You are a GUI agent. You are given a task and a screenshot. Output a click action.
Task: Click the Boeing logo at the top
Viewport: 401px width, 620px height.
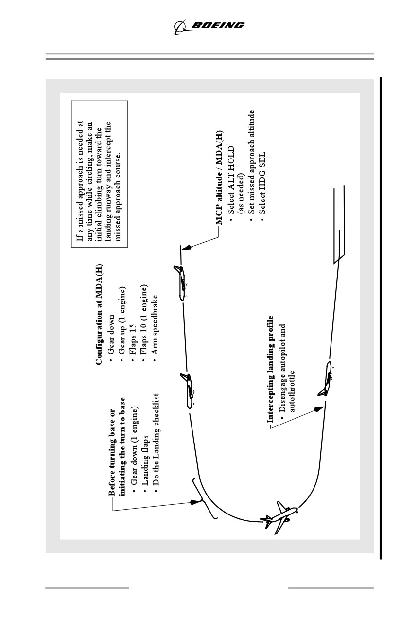(x=209, y=27)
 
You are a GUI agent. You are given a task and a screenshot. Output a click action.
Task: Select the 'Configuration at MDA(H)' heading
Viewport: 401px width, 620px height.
(x=99, y=315)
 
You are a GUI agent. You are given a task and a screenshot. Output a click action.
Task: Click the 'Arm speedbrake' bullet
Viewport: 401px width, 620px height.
(x=155, y=325)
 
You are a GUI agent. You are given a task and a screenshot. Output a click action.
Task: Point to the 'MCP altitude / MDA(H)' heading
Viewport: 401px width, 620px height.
(x=219, y=177)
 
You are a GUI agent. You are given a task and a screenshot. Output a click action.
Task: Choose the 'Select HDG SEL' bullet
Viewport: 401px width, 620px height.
(x=262, y=183)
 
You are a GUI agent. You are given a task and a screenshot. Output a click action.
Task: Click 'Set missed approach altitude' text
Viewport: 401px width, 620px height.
(x=251, y=162)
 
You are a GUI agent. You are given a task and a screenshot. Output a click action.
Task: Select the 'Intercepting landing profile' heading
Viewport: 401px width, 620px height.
(x=270, y=369)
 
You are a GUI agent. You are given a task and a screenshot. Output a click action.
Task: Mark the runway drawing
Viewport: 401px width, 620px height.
(x=339, y=225)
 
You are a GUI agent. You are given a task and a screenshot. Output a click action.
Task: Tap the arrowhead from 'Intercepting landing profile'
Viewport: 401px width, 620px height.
(x=319, y=409)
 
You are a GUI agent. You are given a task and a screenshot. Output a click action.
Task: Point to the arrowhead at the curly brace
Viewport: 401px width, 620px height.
(x=195, y=502)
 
